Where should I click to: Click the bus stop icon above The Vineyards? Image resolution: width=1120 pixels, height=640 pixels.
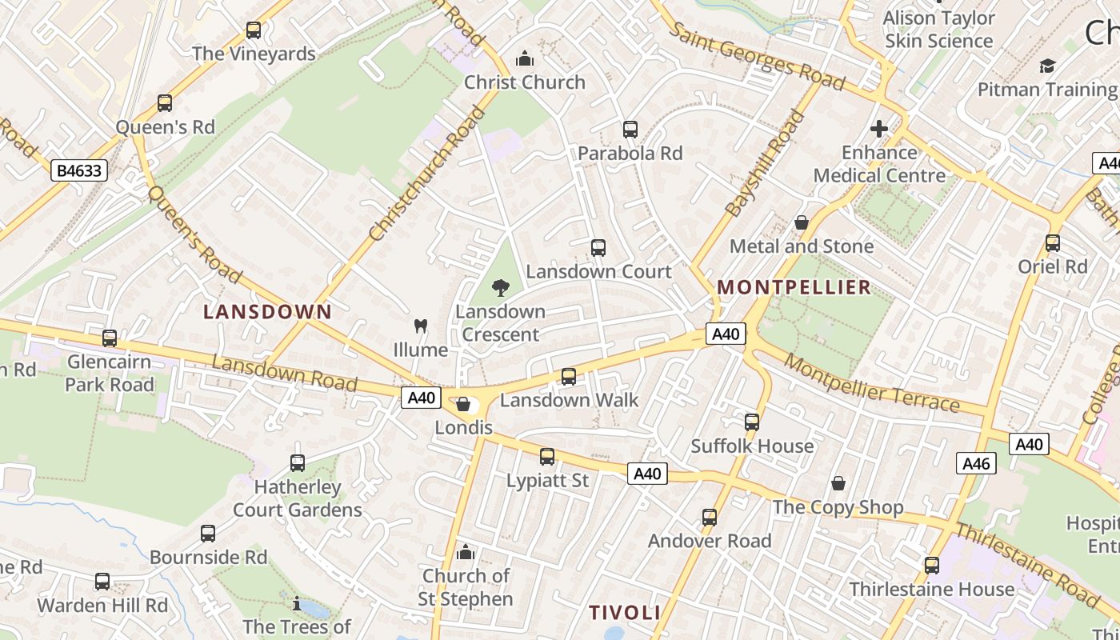click(254, 30)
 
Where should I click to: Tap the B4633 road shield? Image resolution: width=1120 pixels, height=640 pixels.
click(79, 170)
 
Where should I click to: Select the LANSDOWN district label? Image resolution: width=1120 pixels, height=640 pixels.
click(267, 312)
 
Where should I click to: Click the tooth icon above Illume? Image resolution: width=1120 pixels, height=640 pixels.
click(420, 326)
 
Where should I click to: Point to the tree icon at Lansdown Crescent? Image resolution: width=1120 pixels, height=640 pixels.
click(501, 288)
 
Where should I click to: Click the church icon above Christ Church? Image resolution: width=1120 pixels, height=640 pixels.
click(525, 58)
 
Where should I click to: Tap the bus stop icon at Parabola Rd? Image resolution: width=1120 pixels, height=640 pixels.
click(630, 130)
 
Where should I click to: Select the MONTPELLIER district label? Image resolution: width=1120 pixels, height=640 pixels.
click(794, 287)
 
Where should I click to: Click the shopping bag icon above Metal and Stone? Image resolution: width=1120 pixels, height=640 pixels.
click(802, 222)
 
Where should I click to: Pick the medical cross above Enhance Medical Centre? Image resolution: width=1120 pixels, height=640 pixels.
click(879, 129)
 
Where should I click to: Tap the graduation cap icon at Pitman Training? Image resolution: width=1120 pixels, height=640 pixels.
click(1047, 66)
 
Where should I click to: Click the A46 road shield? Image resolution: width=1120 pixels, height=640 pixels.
click(976, 463)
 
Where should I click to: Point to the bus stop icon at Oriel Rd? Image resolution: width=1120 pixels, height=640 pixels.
click(1053, 243)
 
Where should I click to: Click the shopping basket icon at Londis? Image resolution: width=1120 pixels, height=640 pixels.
click(463, 404)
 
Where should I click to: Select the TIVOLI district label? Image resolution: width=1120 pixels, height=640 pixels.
click(625, 613)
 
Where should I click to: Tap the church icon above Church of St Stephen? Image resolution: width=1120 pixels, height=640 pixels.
click(465, 552)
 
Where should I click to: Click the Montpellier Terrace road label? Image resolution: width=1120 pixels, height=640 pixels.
click(871, 382)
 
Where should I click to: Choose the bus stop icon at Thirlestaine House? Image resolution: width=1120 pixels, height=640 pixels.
click(932, 566)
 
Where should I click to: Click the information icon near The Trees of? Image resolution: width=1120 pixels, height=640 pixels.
click(297, 603)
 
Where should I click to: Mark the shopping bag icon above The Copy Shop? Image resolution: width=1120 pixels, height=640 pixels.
click(838, 483)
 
